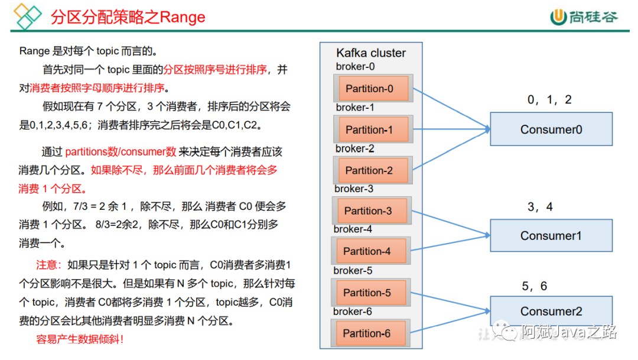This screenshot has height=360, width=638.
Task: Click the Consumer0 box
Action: tap(551, 129)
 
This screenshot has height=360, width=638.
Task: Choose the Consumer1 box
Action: tap(551, 236)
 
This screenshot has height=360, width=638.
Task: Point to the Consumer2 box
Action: tap(551, 311)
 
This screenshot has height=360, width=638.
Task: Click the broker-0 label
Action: tap(355, 67)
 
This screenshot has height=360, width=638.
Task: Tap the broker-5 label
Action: tap(353, 271)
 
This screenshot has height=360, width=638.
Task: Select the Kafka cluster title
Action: tap(371, 53)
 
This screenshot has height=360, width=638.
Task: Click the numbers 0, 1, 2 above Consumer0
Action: tap(549, 100)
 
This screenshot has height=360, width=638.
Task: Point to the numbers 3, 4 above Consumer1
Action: tap(540, 207)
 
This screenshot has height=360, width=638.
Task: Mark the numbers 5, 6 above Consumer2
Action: tap(534, 286)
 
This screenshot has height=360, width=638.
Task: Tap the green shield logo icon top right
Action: tap(558, 17)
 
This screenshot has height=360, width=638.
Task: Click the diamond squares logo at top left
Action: tap(28, 17)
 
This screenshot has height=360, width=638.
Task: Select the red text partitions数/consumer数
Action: tap(121, 152)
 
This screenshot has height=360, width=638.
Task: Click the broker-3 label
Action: tap(354, 189)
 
